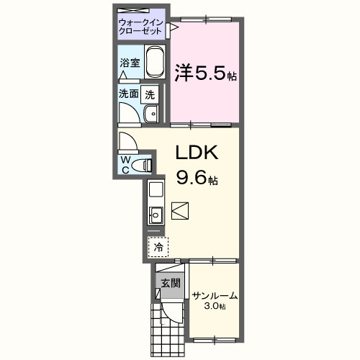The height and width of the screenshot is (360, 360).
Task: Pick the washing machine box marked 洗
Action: [150, 94]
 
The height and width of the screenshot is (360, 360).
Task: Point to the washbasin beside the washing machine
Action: [150, 113]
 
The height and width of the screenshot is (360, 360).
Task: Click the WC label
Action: [126, 164]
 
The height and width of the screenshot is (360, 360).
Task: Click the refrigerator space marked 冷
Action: [158, 247]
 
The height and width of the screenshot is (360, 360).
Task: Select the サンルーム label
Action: [214, 295]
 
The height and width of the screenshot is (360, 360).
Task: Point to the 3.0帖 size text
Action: [215, 307]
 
